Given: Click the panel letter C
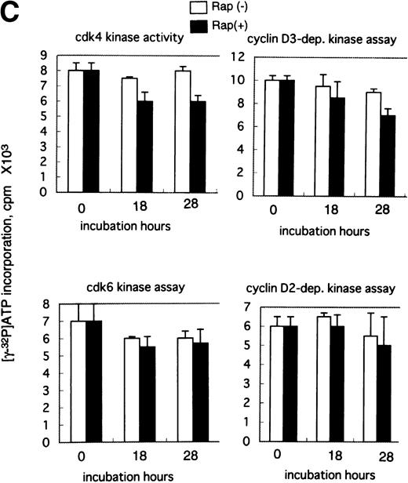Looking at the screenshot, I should pyautogui.click(x=11, y=11).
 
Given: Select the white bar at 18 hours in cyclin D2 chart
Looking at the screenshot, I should pyautogui.click(x=321, y=378).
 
